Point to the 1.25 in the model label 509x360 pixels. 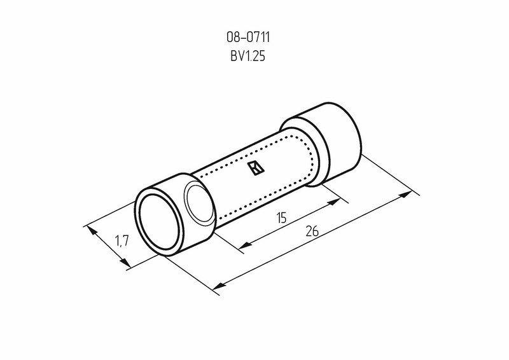[x=254, y=57]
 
